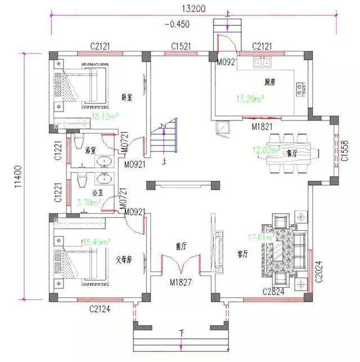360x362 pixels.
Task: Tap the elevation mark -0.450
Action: click(x=178, y=24)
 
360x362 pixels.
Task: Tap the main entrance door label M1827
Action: click(x=180, y=281)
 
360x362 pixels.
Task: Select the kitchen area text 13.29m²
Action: click(x=250, y=99)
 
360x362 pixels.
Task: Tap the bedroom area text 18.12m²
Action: click(x=104, y=116)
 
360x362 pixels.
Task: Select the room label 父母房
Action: click(x=124, y=260)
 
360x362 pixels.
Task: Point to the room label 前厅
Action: click(x=181, y=246)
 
